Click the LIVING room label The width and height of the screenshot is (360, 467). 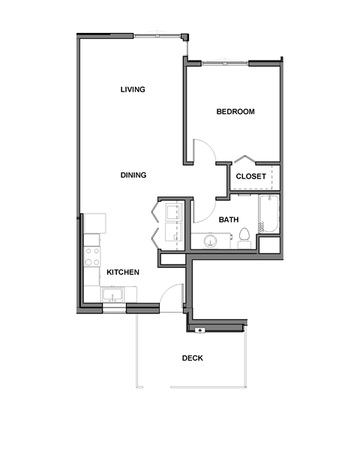click(133, 90)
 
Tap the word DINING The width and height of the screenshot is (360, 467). click(133, 175)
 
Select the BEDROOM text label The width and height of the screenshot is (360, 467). click(235, 112)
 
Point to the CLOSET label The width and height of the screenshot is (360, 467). click(250, 177)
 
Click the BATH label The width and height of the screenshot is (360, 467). click(229, 220)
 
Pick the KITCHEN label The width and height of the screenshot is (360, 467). click(122, 273)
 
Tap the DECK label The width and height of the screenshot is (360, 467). click(193, 358)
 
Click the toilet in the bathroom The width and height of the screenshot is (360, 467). click(244, 239)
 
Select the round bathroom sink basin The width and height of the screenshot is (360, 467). click(209, 240)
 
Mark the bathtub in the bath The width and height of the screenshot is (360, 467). click(268, 214)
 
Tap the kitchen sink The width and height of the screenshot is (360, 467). click(115, 294)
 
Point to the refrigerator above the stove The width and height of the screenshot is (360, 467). click(94, 223)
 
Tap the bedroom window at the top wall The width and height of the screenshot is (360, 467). click(224, 64)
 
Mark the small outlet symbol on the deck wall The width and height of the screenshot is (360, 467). click(199, 330)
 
